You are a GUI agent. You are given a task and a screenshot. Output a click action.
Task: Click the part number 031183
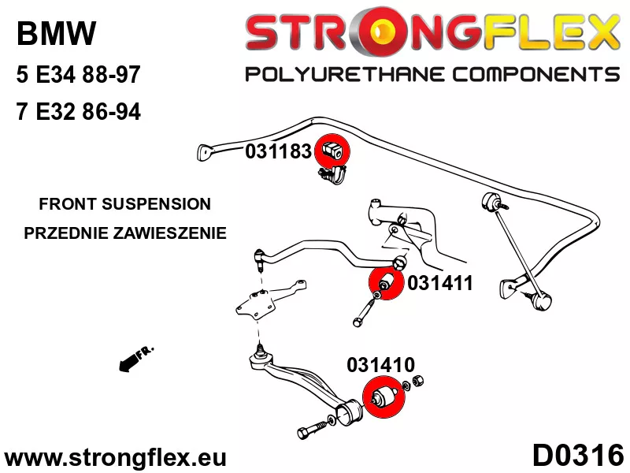pos(278,151)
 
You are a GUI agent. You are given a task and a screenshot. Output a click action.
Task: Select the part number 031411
pos(439,282)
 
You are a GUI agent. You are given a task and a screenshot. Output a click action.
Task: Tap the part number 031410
pos(380,365)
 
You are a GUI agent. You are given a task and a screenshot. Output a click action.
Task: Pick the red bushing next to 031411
pos(386,284)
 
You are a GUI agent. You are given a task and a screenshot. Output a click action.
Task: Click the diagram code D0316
pos(577,456)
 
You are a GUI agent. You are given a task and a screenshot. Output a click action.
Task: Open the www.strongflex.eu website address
pos(115,457)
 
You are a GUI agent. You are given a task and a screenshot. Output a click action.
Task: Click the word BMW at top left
pos(57,34)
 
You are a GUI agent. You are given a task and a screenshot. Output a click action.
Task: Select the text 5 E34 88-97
pos(78,76)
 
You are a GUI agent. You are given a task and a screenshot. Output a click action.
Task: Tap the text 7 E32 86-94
pos(78,112)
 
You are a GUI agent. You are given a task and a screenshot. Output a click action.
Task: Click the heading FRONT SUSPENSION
pos(125,203)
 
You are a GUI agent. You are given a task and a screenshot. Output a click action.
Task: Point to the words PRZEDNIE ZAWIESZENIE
pos(125,233)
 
